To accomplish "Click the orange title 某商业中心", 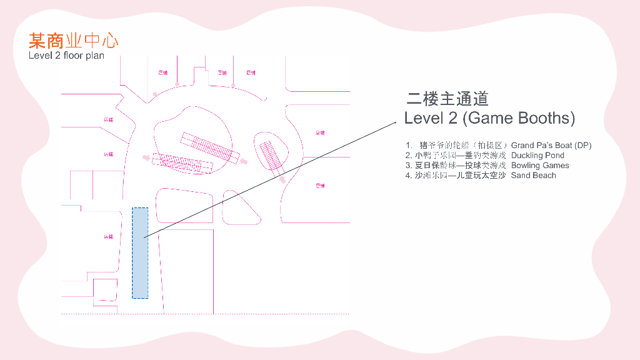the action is [x=73, y=41].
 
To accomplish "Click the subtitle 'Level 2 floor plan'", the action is [x=66, y=56].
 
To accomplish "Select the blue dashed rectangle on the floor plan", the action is [x=140, y=252].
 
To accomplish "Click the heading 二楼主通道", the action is [x=447, y=98].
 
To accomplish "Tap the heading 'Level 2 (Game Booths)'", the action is [x=489, y=117].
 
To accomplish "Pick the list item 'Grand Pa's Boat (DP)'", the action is [x=551, y=146].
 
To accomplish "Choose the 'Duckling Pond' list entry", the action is [x=537, y=156].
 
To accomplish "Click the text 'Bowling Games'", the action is [x=540, y=166].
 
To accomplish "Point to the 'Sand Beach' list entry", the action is [x=533, y=176].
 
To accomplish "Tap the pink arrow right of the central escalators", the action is [x=244, y=161].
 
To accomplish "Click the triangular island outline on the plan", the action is [x=241, y=208].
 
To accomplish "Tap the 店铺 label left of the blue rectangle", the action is [x=109, y=237].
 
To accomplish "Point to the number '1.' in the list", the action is [x=409, y=146].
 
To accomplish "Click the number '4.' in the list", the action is [x=408, y=176].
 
